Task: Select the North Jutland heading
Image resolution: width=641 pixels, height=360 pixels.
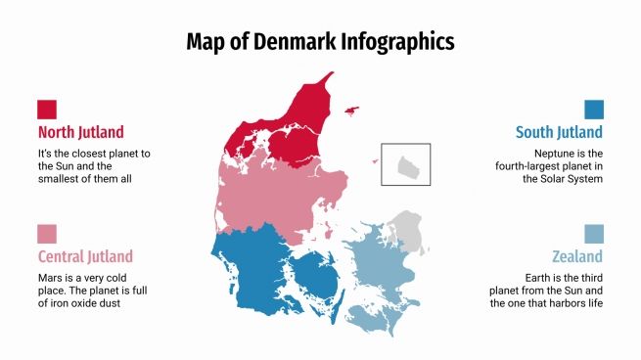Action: [x=81, y=132]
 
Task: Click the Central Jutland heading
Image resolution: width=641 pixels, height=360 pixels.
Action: [x=85, y=256]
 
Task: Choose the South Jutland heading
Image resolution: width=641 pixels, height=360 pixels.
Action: [x=559, y=132]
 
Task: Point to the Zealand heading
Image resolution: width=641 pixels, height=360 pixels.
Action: [x=576, y=256]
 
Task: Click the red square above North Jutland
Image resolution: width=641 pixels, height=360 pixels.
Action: [x=47, y=109]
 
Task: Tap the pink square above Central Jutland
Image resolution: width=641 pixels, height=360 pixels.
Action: [x=47, y=234]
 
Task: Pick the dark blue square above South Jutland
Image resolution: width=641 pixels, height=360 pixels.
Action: [x=594, y=109]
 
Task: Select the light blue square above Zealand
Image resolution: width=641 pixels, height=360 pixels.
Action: [x=594, y=234]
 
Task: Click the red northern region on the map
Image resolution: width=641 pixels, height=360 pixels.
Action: [x=294, y=127]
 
